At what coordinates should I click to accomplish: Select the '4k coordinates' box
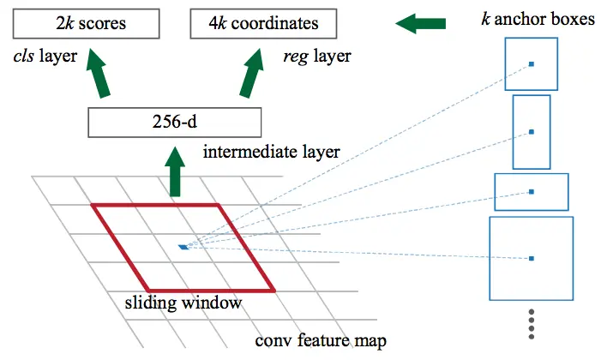[x=254, y=23]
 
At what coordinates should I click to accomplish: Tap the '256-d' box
[x=172, y=123]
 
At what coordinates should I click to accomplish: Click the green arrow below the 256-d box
[x=175, y=173]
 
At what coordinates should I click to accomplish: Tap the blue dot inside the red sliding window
[x=183, y=247]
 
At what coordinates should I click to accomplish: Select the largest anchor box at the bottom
[x=531, y=258]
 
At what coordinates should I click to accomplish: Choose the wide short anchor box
[x=532, y=191]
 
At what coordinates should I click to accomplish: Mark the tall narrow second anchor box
[x=532, y=132]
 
